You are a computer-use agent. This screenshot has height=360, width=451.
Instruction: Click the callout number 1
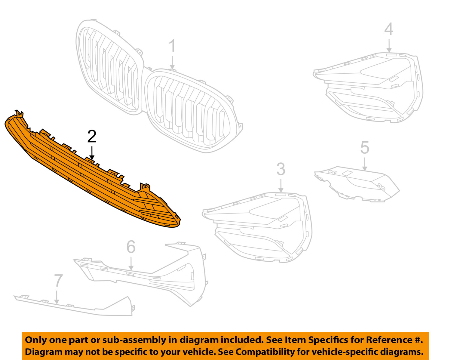pos(172,46)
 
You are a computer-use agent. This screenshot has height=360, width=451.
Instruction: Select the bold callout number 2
pos(92,137)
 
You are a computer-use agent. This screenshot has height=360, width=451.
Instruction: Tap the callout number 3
pos(281,169)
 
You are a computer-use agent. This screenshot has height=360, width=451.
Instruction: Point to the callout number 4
pos(389,29)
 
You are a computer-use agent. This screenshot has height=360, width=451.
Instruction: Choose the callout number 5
pos(364,148)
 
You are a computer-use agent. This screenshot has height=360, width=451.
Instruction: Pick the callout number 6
pos(131,247)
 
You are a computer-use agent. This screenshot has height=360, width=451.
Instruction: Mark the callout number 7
pos(58,280)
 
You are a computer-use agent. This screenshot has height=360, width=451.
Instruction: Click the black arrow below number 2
pos(92,153)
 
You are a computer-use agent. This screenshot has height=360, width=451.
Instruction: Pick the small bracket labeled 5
pos(358,183)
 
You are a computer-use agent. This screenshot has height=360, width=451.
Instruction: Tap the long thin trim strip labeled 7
pos(75,307)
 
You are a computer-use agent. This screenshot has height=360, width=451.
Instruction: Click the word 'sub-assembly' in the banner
pos(134,340)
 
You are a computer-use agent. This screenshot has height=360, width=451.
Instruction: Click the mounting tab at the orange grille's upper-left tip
pos(20,114)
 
